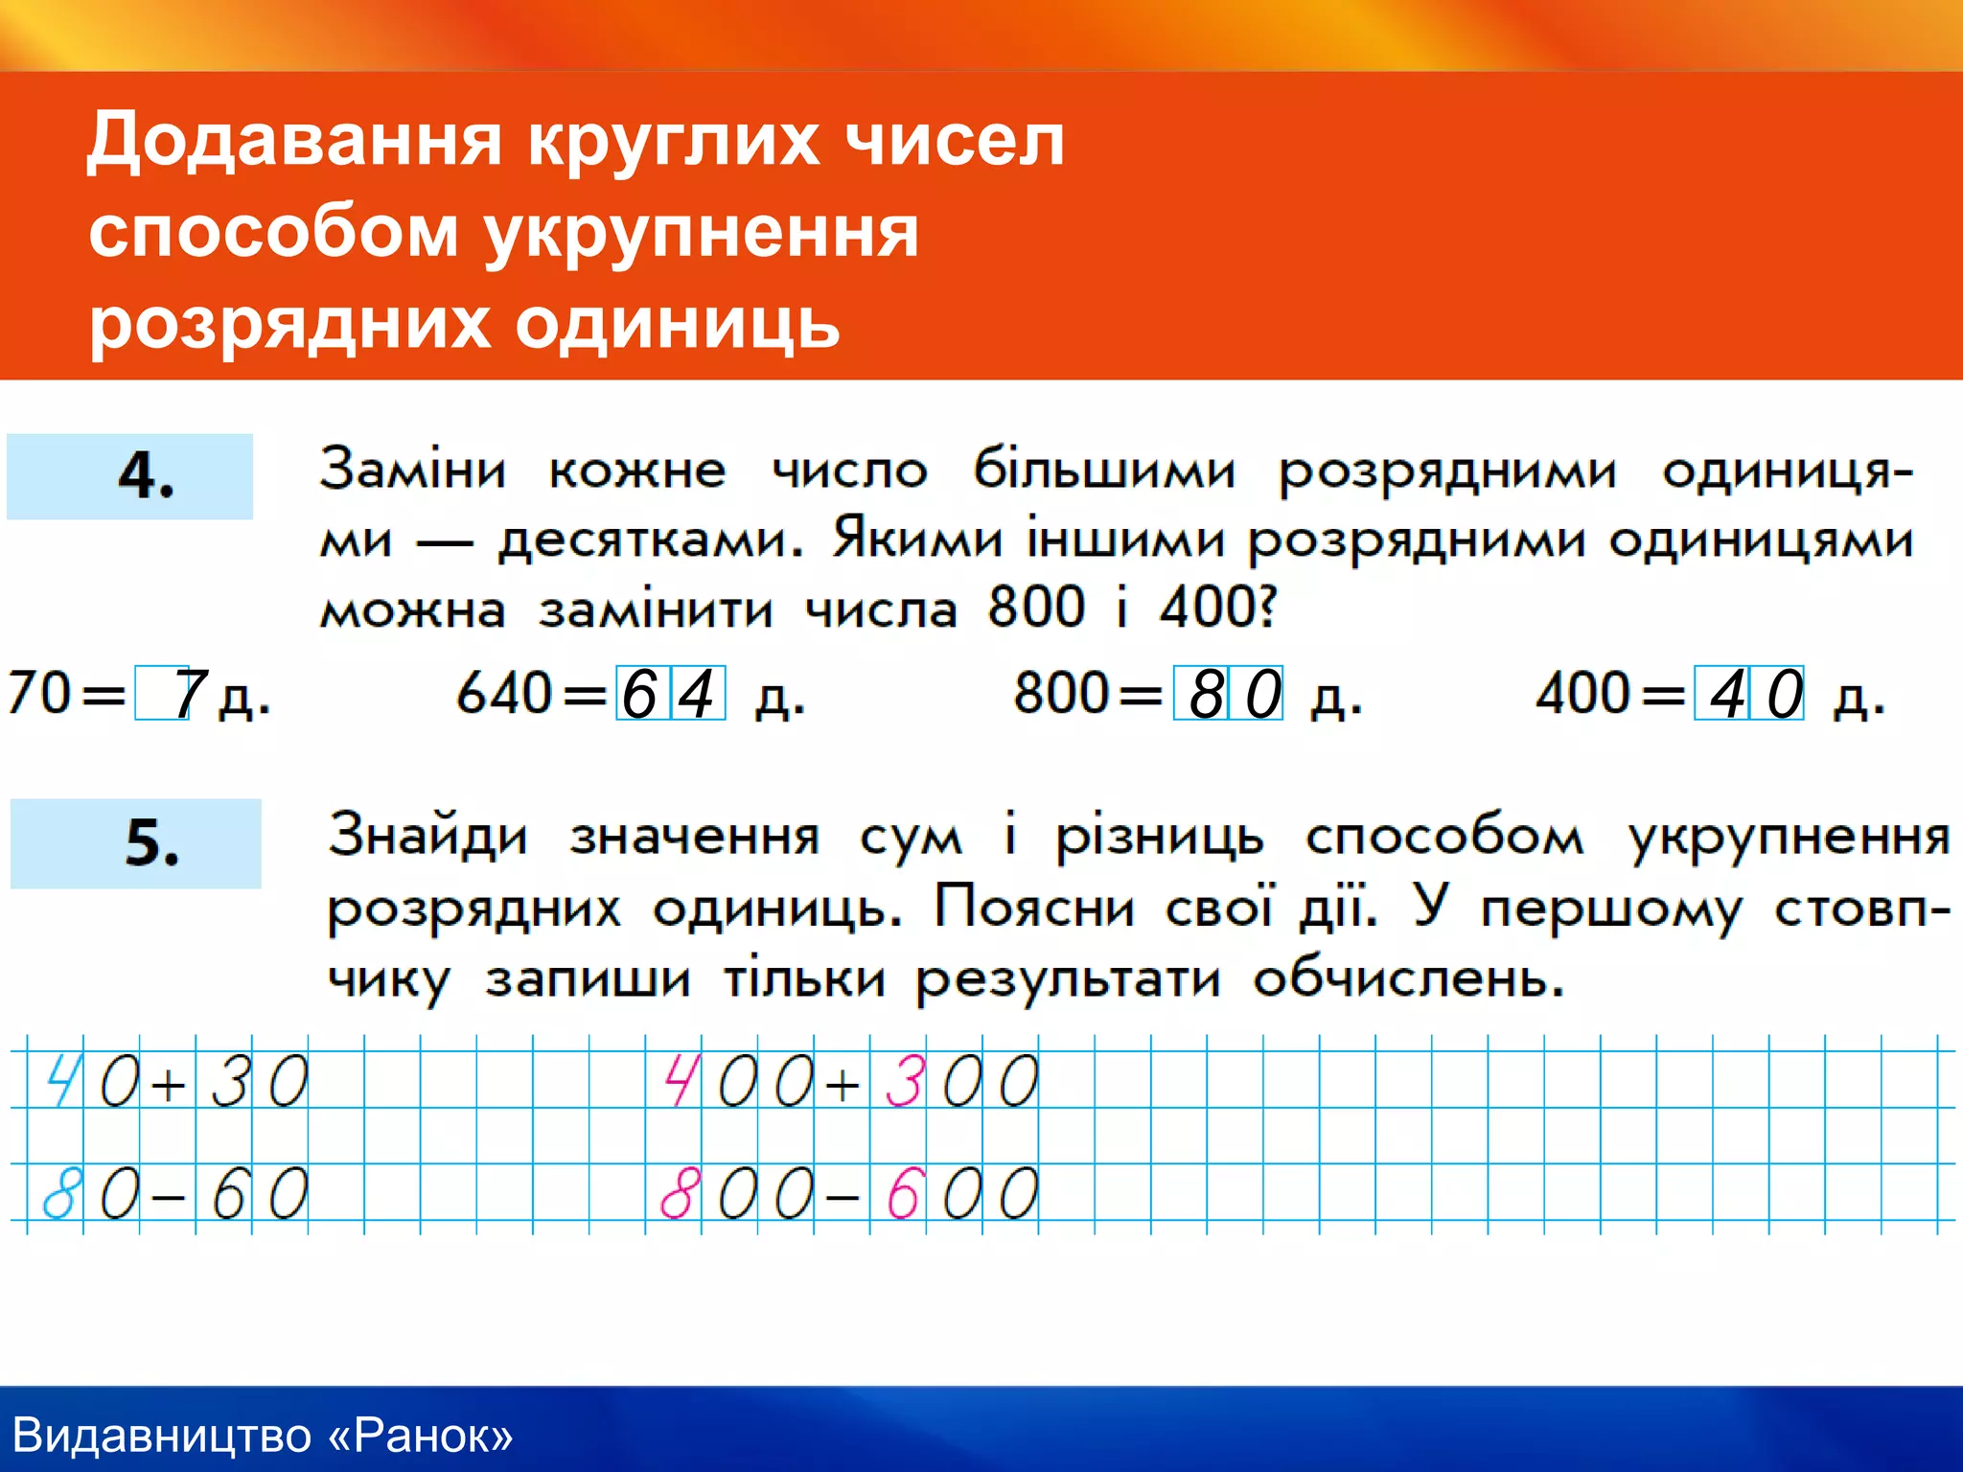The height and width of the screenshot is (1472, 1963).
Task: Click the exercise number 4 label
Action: click(x=146, y=475)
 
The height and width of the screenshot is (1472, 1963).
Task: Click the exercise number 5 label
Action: click(x=151, y=843)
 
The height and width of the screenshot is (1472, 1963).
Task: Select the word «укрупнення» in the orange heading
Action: click(x=701, y=233)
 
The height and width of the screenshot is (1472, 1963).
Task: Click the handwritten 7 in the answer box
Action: click(x=189, y=694)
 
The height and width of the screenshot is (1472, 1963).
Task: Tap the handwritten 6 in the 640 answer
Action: click(x=639, y=694)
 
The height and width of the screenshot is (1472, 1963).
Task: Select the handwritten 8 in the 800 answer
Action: click(x=1206, y=694)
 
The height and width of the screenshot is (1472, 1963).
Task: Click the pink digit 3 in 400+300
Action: click(x=903, y=1081)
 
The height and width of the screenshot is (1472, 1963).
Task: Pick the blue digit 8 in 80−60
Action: click(x=59, y=1194)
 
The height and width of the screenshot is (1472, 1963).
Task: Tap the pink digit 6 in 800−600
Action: click(x=903, y=1194)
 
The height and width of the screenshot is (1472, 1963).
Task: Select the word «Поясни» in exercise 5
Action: click(x=1034, y=906)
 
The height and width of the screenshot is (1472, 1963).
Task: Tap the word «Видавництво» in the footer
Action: click(x=162, y=1436)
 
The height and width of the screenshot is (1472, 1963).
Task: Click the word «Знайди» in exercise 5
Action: click(x=427, y=836)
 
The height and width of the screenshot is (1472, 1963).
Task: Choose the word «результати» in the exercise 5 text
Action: click(x=1068, y=979)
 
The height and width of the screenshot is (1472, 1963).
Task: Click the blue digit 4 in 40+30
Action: click(x=61, y=1081)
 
